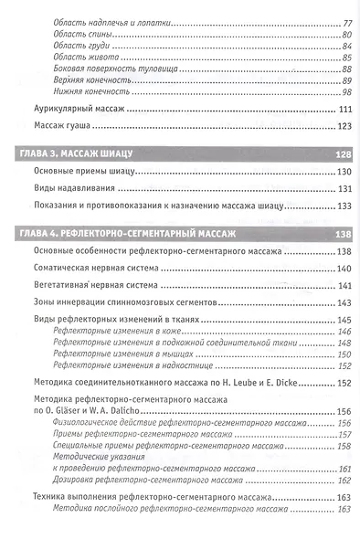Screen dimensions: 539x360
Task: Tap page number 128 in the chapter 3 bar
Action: click(x=343, y=153)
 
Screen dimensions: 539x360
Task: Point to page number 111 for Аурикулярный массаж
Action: click(x=344, y=110)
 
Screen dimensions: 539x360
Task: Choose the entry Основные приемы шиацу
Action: click(x=81, y=172)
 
